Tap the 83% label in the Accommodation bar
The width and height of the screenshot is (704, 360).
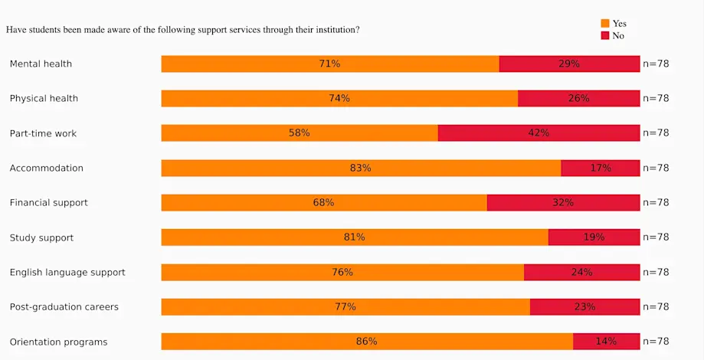360,168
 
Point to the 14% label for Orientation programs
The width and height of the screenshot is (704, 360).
605,341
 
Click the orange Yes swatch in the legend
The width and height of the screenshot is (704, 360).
604,24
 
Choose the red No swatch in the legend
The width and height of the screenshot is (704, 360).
604,36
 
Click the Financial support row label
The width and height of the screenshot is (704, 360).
48,203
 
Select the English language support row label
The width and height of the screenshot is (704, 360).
67,272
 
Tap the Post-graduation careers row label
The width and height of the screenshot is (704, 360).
64,307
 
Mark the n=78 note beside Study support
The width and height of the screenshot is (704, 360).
656,237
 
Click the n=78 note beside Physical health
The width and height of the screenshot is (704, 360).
656,98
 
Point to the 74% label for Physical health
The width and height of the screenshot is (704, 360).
339,98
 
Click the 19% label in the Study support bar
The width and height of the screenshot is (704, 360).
594,237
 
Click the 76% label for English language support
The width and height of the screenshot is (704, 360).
342,272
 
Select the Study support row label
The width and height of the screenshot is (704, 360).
41,237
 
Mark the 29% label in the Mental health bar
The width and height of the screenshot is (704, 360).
568,64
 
